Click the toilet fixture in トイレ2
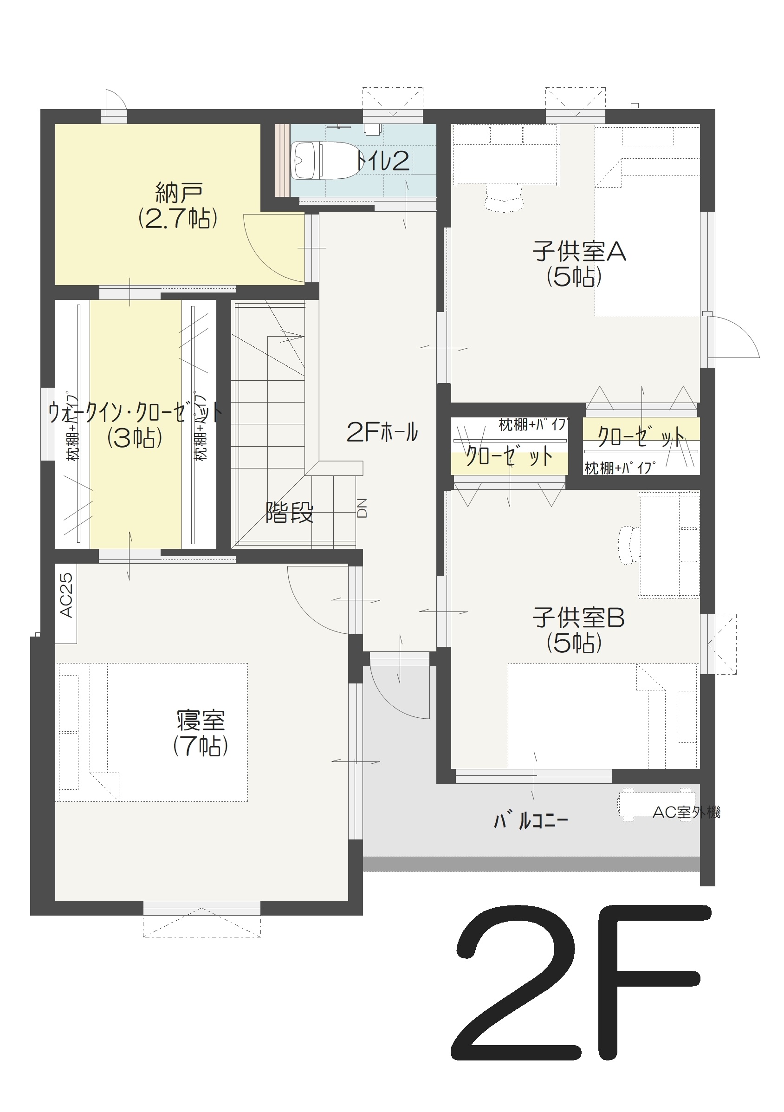(x=324, y=160)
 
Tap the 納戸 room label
(x=179, y=193)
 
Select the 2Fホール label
(x=382, y=432)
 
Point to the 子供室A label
(x=579, y=251)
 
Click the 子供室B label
(x=579, y=618)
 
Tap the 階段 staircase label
(x=289, y=513)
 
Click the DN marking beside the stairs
(x=362, y=508)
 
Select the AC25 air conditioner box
(x=66, y=604)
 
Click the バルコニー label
(x=531, y=821)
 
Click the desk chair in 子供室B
(x=630, y=546)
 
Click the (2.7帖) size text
(x=178, y=219)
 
